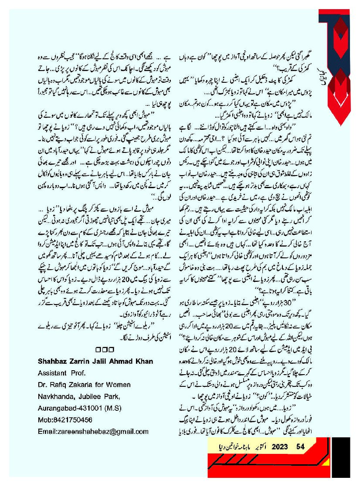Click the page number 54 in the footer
300,446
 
